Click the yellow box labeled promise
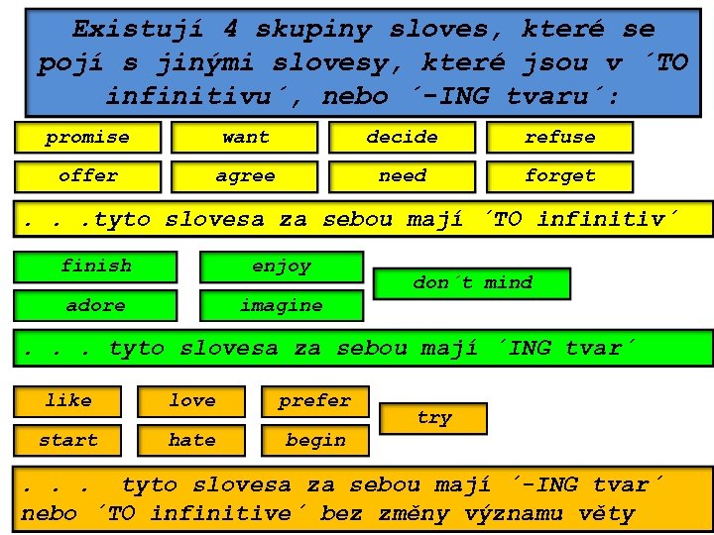point(87,137)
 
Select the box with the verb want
point(245,137)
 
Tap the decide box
point(402,137)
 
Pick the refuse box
point(559,137)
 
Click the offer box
point(87,176)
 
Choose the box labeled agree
point(245,176)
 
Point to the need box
point(402,176)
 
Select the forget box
point(559,176)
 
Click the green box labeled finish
point(95,267)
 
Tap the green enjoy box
point(281,267)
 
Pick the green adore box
point(95,305)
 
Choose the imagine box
point(281,305)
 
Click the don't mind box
point(472,283)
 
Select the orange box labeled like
point(68,400)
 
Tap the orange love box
point(191,400)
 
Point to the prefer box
point(314,400)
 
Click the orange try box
point(434,418)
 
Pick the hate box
point(191,440)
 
